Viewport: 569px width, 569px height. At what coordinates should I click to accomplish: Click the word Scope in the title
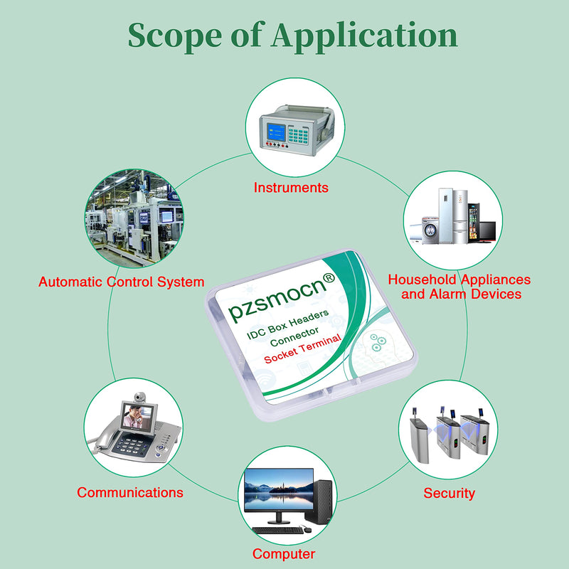coord(175,36)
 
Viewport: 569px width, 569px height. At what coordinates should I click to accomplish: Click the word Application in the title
coord(365,36)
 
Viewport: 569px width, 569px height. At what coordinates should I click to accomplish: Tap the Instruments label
coord(291,188)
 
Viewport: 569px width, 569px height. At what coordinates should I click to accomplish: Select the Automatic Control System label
coord(121,282)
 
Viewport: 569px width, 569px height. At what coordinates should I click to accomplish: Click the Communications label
coord(130,492)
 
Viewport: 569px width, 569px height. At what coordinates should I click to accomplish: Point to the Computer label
coord(284,554)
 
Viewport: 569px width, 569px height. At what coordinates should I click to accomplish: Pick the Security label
coord(450,493)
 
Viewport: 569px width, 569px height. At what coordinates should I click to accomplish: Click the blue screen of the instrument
coord(276,132)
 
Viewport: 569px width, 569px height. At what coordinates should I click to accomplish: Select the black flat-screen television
coord(487,232)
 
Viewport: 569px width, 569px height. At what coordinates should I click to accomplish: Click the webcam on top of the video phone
coord(139,397)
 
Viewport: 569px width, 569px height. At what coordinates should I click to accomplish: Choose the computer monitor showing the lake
coord(279,489)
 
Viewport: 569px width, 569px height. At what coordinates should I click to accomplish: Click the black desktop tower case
coord(319,502)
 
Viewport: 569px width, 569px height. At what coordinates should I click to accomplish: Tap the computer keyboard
coord(278,530)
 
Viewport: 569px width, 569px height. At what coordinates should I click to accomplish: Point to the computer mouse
coord(307,530)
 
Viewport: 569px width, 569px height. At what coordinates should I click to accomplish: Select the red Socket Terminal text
coord(303,349)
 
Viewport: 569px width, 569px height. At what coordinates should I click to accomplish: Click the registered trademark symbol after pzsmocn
coord(329,278)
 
